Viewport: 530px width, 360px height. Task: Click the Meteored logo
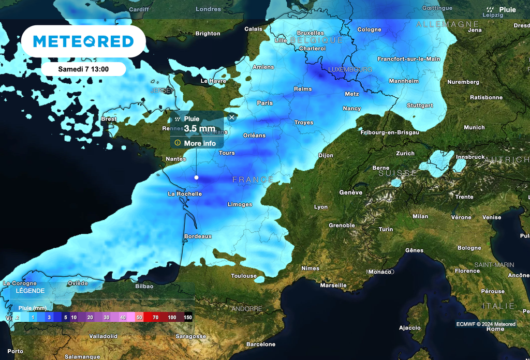(83, 41)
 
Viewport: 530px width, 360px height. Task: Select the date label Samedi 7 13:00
(83, 69)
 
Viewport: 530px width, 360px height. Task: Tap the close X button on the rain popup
(231, 117)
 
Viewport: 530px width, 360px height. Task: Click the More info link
(199, 143)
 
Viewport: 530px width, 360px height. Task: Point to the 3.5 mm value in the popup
(200, 129)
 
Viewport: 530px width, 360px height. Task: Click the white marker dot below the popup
(196, 177)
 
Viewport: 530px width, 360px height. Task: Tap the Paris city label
(264, 103)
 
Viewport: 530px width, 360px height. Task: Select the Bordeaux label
(198, 236)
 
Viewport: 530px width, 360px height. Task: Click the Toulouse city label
(244, 276)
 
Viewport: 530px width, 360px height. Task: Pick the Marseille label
(333, 285)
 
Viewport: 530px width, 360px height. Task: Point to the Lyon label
(321, 207)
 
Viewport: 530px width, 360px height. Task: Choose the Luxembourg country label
(350, 69)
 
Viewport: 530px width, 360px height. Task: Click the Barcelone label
(261, 344)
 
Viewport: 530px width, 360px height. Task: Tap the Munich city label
(474, 127)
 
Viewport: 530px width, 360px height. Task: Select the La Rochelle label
(185, 194)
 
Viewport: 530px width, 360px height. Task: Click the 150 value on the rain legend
(187, 317)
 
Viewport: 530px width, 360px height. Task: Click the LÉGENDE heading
(30, 291)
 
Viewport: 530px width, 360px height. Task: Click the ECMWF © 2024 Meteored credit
(485, 324)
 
